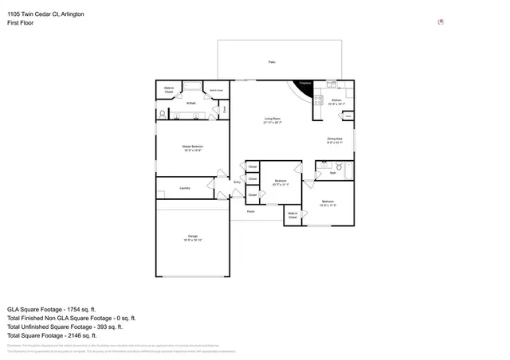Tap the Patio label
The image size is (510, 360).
pyautogui.click(x=273, y=61)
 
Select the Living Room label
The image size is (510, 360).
pyautogui.click(x=273, y=120)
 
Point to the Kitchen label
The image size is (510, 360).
pyautogui.click(x=336, y=101)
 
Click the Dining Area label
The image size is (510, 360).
pyautogui.click(x=335, y=140)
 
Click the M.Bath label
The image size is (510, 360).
pyautogui.click(x=191, y=103)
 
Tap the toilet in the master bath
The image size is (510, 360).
pyautogui.click(x=163, y=115)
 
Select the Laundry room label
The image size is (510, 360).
pyautogui.click(x=185, y=188)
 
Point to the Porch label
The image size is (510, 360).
pyautogui.click(x=250, y=212)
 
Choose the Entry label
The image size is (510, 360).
pyautogui.click(x=237, y=183)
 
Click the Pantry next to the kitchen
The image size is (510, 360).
pyautogui.click(x=347, y=116)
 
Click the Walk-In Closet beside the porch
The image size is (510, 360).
pyautogui.click(x=292, y=215)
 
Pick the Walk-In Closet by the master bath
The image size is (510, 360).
pyautogui.click(x=169, y=90)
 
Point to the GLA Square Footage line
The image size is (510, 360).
pyautogui.click(x=52, y=308)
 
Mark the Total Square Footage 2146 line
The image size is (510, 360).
pyautogui.click(x=53, y=335)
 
